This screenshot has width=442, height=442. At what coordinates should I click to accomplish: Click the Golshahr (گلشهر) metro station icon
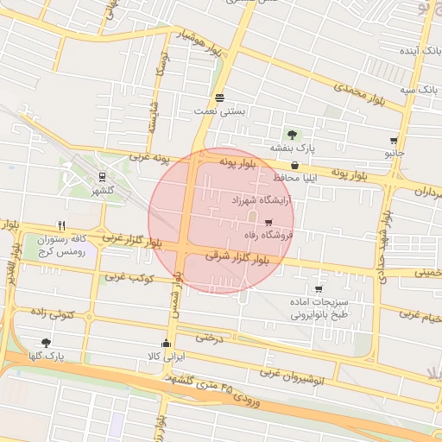[x=102, y=176]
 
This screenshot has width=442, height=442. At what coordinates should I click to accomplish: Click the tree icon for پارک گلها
[x=45, y=343]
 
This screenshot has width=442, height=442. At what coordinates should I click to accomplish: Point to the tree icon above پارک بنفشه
[x=292, y=135]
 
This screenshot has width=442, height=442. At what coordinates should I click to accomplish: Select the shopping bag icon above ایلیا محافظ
[x=296, y=165]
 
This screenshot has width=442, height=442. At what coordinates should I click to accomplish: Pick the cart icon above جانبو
[x=394, y=141]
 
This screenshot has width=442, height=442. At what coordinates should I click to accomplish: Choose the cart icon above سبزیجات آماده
[x=319, y=289]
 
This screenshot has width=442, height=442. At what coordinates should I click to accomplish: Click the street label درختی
[x=209, y=338]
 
